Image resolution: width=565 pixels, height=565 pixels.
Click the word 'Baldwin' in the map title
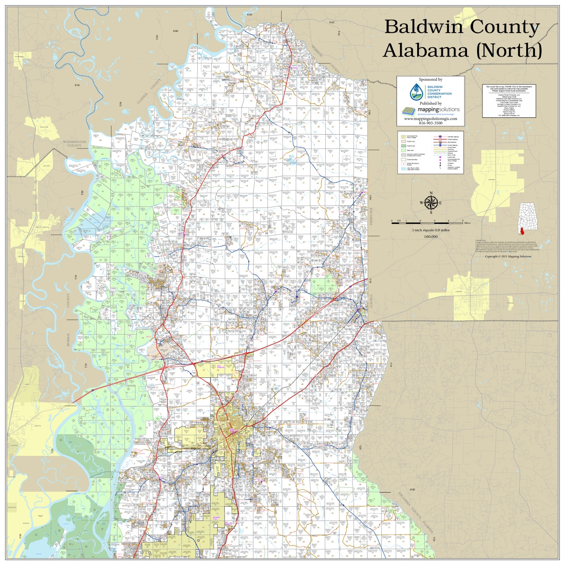pyautogui.click(x=423, y=27)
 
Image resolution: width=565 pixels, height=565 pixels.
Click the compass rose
pyautogui.click(x=431, y=203)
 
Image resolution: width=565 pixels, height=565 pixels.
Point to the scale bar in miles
pyautogui.click(x=427, y=223)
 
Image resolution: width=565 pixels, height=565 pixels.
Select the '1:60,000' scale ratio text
pyautogui.click(x=431, y=237)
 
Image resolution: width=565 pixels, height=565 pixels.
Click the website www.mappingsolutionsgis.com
pyautogui.click(x=430, y=119)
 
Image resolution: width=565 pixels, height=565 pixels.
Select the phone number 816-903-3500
pyautogui.click(x=430, y=123)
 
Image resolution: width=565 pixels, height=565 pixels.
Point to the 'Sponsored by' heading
pyautogui.click(x=430, y=80)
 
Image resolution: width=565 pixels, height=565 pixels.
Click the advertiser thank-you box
pyautogui.click(x=509, y=101)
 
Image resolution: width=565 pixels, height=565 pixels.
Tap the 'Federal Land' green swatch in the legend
pyautogui.click(x=403, y=146)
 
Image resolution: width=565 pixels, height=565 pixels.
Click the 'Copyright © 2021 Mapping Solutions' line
pyautogui.click(x=508, y=256)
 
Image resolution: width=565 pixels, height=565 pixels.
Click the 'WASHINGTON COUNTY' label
pyautogui.click(x=74, y=144)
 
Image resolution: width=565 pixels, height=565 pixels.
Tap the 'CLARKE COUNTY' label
pyautogui.click(x=149, y=92)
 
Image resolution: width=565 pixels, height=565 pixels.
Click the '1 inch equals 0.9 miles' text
pyautogui.click(x=431, y=230)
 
